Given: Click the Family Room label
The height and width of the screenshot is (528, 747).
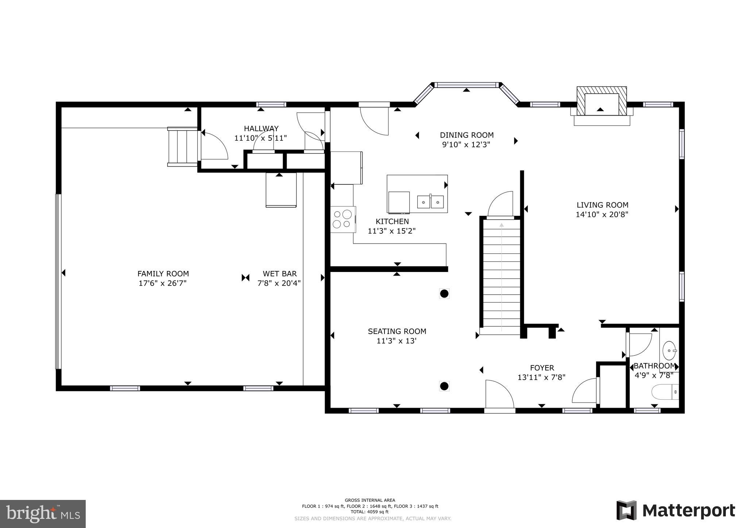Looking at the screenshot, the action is (x=163, y=273).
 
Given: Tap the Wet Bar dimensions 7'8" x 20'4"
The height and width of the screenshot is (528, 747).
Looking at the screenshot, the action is (x=279, y=283).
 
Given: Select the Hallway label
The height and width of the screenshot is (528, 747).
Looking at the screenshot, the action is (x=261, y=128).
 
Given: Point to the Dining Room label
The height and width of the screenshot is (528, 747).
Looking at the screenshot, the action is (x=467, y=135).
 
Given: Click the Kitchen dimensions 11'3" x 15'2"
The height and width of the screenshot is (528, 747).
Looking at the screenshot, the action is (x=392, y=231).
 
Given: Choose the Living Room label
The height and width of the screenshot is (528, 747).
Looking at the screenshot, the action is (x=602, y=205).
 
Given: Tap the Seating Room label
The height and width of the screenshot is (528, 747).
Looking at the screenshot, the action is (x=397, y=331).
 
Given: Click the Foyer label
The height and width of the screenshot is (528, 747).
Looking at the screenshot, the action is (x=542, y=368).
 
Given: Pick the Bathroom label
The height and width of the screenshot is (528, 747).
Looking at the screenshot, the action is (x=654, y=366).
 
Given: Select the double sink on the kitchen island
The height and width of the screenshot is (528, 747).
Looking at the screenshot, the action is (x=430, y=201).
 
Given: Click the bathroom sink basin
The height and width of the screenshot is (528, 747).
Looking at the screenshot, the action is (x=669, y=350).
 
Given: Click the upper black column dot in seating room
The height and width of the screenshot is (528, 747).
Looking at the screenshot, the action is (x=444, y=294).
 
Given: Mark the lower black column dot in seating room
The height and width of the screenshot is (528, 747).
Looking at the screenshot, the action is (x=444, y=386).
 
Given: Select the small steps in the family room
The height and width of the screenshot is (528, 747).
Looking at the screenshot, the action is (x=182, y=147).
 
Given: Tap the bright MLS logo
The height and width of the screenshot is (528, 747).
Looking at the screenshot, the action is (x=43, y=514).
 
